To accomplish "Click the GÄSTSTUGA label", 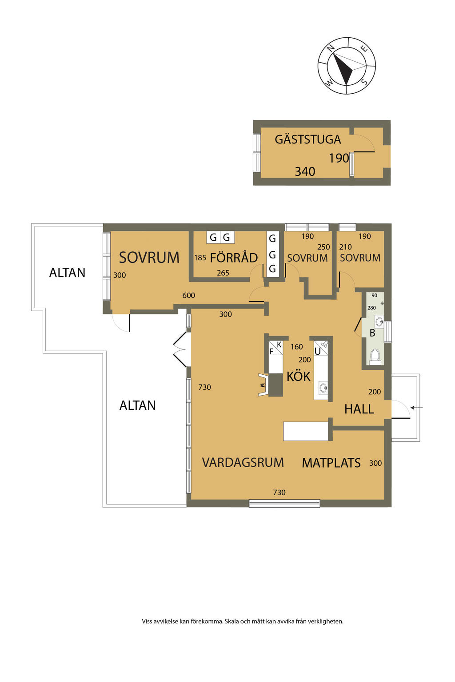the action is (307, 139).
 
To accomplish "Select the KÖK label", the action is (298, 376).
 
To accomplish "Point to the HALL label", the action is (359, 409).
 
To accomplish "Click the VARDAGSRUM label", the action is (243, 463).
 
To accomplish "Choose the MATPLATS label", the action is (331, 463).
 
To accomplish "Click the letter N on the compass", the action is (330, 48).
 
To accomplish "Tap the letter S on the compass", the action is (364, 82).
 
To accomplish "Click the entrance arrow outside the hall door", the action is (417, 408).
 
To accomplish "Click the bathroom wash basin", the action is (379, 322).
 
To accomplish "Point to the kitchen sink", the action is (323, 388).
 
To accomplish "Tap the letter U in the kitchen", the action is (317, 351).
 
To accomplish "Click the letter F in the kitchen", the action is (271, 352).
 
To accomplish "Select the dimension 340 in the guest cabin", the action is (305, 172).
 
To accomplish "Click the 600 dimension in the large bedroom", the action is (189, 295).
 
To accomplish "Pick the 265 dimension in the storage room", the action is (223, 273).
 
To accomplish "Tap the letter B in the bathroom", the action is (372, 333).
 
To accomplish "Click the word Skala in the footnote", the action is (232, 622).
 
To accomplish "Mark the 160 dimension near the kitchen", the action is (296, 347).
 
